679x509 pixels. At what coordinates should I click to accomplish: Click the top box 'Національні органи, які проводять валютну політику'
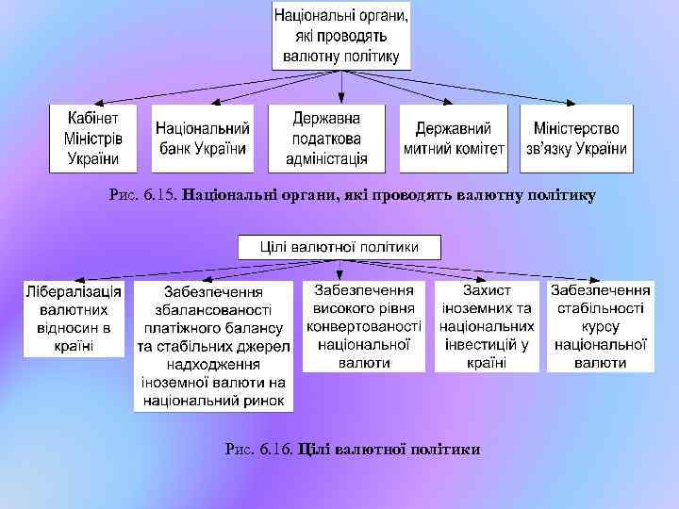pyautogui.click(x=341, y=36)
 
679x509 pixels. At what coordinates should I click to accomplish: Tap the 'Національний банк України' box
pyautogui.click(x=203, y=138)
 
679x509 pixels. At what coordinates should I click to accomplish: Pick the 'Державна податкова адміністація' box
pyautogui.click(x=326, y=138)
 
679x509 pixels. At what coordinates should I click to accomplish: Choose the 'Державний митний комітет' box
pyautogui.click(x=454, y=138)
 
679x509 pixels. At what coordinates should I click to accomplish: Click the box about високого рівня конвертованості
pyautogui.click(x=364, y=326)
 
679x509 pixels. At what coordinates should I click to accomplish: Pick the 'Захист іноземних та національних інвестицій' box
pyautogui.click(x=487, y=326)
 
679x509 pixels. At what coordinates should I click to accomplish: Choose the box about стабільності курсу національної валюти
pyautogui.click(x=601, y=326)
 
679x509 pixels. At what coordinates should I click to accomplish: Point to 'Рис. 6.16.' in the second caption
pyautogui.click(x=259, y=450)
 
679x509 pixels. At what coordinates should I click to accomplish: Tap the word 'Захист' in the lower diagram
pyautogui.click(x=487, y=291)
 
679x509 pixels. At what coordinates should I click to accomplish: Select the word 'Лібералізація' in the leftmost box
pyautogui.click(x=75, y=291)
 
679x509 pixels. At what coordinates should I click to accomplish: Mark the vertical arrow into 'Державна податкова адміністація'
pyautogui.click(x=340, y=87)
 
